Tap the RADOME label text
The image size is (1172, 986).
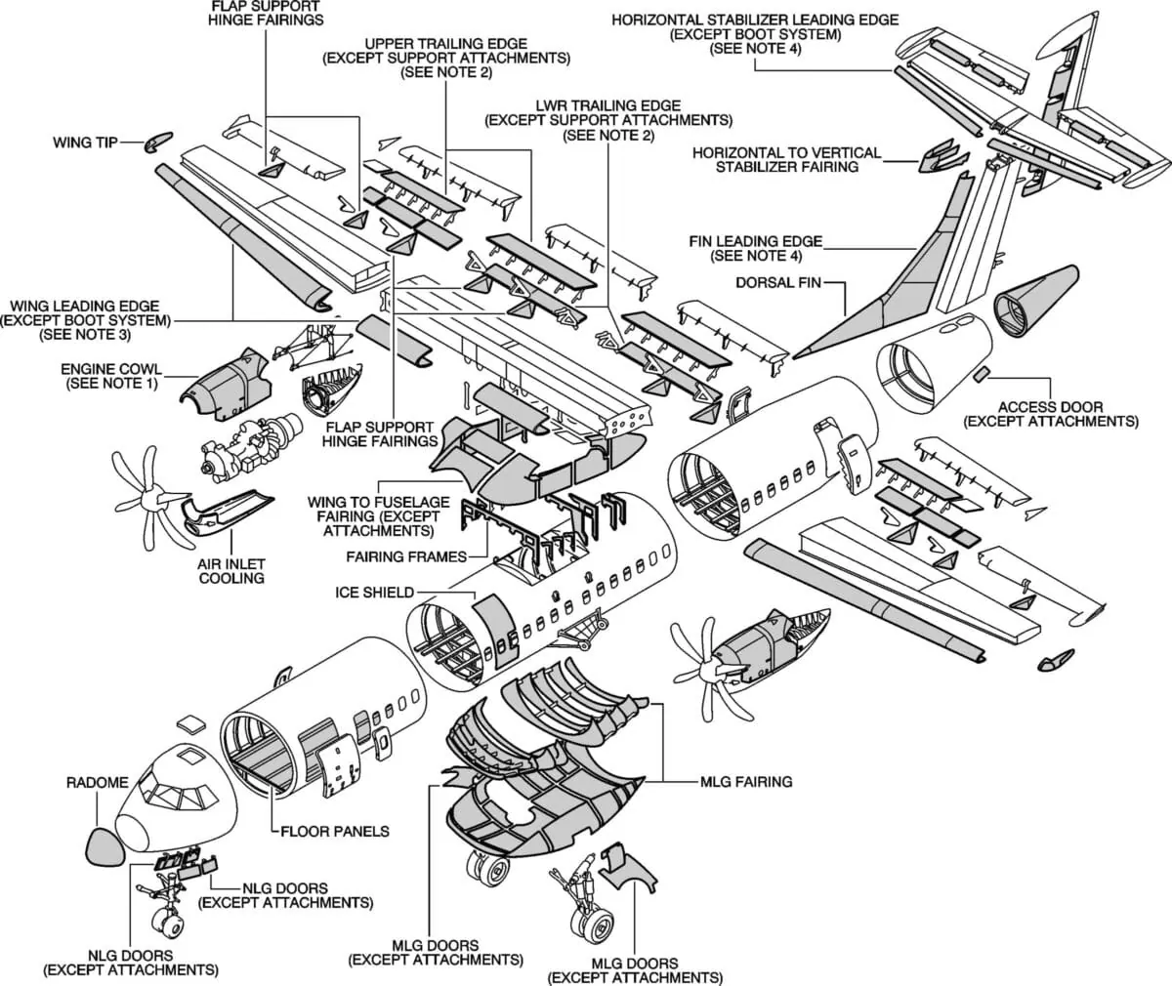[x=97, y=783]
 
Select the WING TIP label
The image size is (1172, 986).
[x=85, y=143]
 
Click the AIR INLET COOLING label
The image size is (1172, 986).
[x=232, y=571]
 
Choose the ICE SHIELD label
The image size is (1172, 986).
[x=374, y=592]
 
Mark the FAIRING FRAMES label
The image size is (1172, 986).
[x=404, y=556]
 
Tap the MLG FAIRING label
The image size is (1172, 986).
[x=745, y=782]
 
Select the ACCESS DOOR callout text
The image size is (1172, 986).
[x=1050, y=414]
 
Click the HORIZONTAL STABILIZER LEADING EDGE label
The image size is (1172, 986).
[x=755, y=34]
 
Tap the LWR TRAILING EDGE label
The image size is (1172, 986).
[x=607, y=120]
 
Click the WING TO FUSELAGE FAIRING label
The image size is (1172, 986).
[x=378, y=516]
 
